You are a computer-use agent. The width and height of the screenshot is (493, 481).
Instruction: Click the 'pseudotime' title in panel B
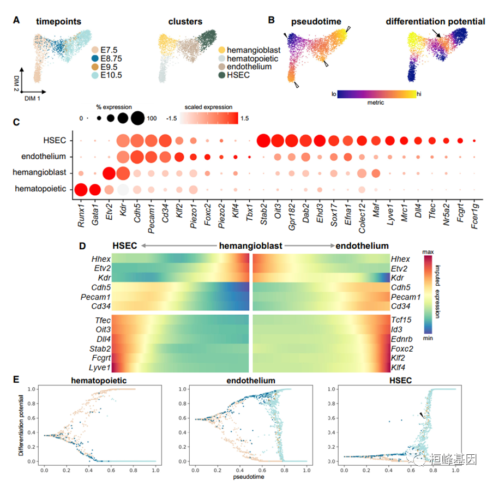coord(316,22)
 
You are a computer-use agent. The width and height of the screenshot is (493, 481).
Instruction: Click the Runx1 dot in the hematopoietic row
coord(81,190)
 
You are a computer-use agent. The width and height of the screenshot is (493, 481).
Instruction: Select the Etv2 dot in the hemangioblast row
coord(109,174)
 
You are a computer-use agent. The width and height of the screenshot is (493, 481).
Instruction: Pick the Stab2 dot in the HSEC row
coord(263,141)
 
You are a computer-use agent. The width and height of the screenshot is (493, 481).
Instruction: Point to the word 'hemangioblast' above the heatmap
coord(251,246)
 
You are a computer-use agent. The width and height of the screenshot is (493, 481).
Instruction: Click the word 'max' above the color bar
coord(429,251)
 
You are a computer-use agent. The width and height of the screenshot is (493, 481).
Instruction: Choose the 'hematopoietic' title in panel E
coord(99,381)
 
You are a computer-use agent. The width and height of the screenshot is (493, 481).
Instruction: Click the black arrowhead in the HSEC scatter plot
coord(421,416)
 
